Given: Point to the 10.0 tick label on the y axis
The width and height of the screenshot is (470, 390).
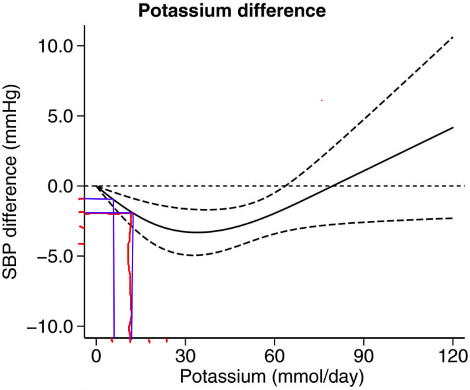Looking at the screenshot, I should tap(56, 46).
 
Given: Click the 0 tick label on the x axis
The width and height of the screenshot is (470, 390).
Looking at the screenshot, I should tap(96, 356).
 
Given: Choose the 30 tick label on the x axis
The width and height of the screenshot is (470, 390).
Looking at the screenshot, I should tap(186, 356).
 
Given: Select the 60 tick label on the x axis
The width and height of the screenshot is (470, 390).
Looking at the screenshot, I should tap(274, 356).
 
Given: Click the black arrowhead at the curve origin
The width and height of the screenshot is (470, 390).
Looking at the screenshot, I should tap(97, 188).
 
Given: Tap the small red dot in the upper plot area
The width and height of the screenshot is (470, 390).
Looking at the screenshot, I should tap(322, 100).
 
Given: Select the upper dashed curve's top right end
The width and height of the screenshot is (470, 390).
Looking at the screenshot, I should tap(453, 37).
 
